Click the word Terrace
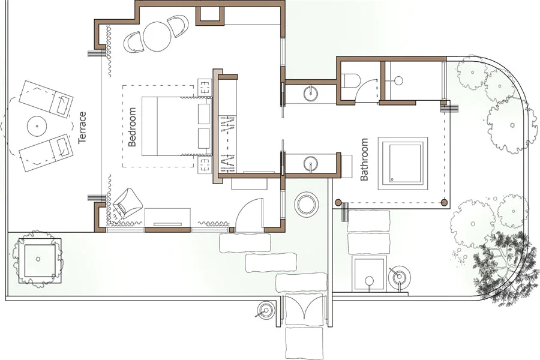(82, 127)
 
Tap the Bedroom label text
(132, 127)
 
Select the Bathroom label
(364, 159)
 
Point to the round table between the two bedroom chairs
(157, 37)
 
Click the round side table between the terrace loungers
(37, 126)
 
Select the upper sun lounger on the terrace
(46, 99)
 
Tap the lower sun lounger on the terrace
(46, 152)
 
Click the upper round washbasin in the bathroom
(311, 93)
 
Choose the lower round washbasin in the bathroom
(311, 163)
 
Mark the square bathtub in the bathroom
(403, 163)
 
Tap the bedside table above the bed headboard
(205, 88)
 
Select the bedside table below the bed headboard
(205, 164)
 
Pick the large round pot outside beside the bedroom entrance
(306, 205)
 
